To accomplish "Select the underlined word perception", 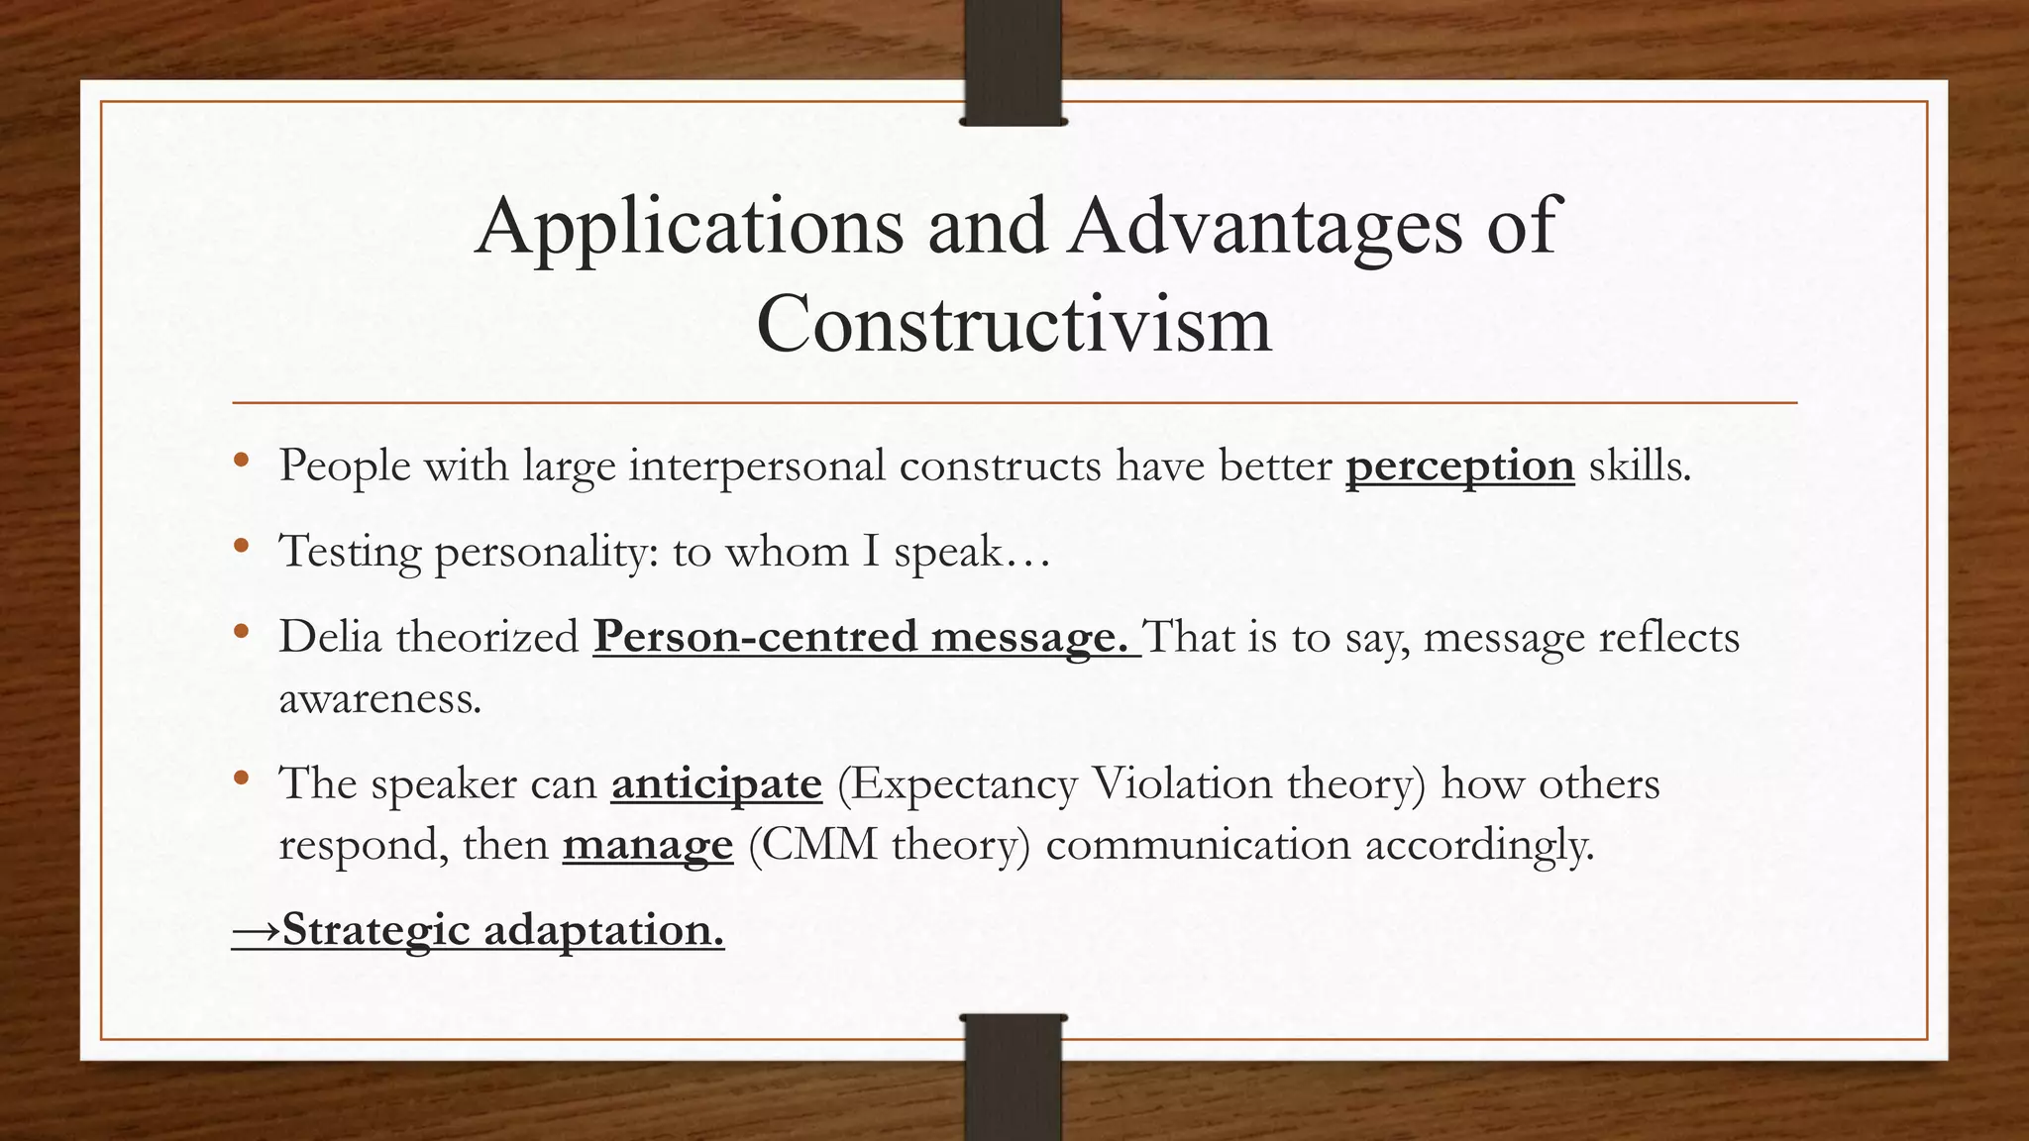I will [x=1459, y=467].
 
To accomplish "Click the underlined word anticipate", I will [x=716, y=784].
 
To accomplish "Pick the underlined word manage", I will [x=648, y=846].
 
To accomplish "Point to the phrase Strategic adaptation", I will [x=503, y=930].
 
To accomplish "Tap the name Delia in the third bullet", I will [x=330, y=637].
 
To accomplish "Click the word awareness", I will [x=379, y=699].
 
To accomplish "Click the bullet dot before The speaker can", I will [x=241, y=778].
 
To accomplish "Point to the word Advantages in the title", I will [x=1265, y=228].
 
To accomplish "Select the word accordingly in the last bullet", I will [x=1480, y=846].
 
